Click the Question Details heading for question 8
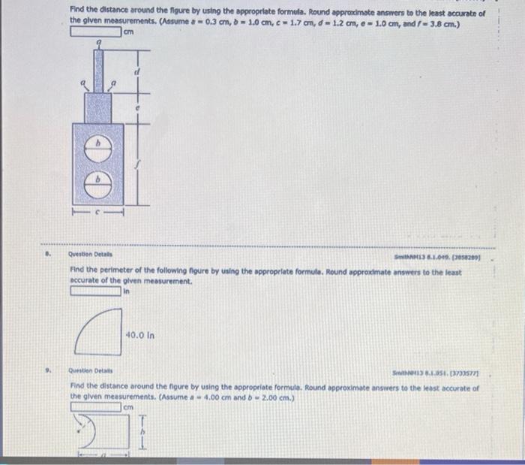pyautogui.click(x=88, y=254)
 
